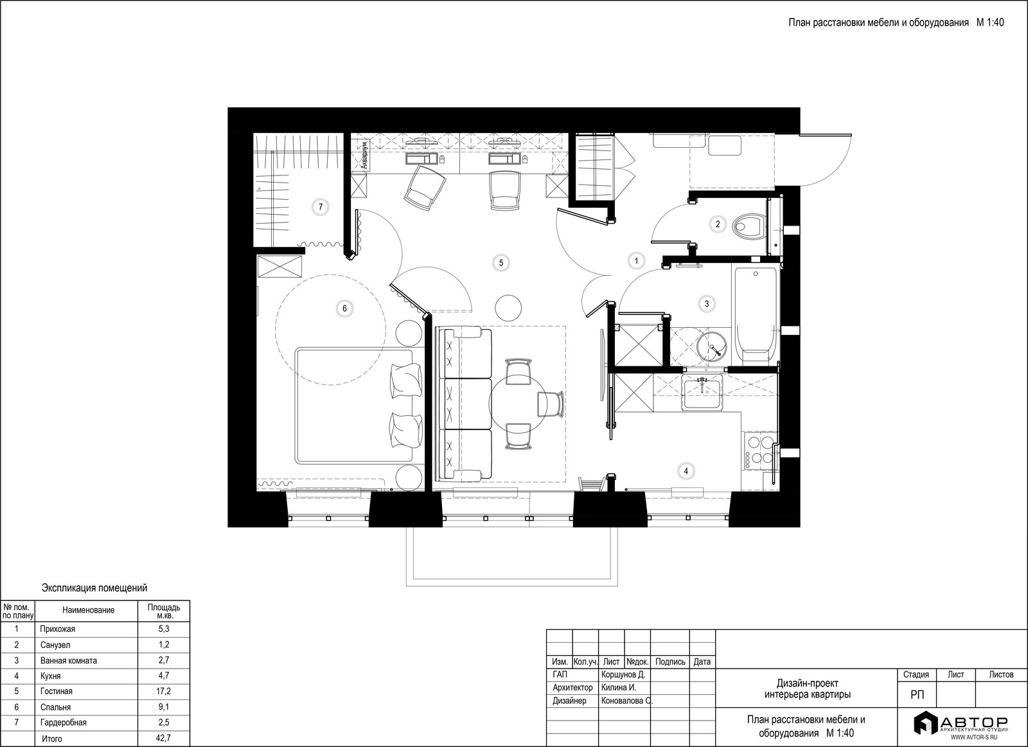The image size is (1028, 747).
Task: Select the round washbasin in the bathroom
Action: pyautogui.click(x=712, y=347)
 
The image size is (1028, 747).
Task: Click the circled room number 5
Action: pyautogui.click(x=501, y=263)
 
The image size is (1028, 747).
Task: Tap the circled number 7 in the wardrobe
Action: pyautogui.click(x=321, y=207)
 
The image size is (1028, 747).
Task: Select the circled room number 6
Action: pyautogui.click(x=344, y=309)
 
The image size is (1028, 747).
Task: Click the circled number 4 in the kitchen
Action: pyautogui.click(x=686, y=471)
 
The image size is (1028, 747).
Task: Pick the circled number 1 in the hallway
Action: pyautogui.click(x=636, y=261)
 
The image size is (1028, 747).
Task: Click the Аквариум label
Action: pyautogui.click(x=364, y=156)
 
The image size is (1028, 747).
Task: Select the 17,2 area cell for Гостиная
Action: pyautogui.click(x=164, y=691)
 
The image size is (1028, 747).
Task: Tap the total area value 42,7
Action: pyautogui.click(x=164, y=739)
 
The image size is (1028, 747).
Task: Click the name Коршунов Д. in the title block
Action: pyautogui.click(x=623, y=675)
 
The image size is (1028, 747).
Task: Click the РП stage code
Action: pyautogui.click(x=917, y=695)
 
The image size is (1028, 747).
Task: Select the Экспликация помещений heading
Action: pyautogui.click(x=94, y=588)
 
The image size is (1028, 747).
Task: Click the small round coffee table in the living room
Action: pyautogui.click(x=508, y=308)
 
